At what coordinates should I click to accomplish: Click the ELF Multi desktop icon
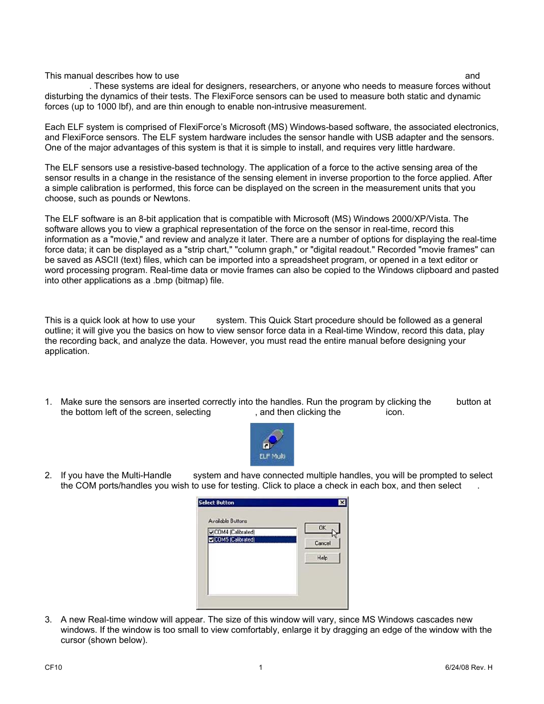(272, 444)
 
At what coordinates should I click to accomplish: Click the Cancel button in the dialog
(322, 543)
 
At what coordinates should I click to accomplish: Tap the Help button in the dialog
(322, 558)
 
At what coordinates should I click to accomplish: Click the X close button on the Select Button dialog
(342, 503)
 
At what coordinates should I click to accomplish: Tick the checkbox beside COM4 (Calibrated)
(212, 532)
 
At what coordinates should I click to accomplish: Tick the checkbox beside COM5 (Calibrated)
(212, 540)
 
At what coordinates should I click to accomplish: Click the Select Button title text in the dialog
(217, 503)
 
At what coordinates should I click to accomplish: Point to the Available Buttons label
(228, 521)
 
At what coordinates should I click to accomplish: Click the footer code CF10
(54, 668)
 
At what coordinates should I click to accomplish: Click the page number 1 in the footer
(261, 668)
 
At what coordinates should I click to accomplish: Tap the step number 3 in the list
(48, 620)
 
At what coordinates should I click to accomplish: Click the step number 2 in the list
(48, 475)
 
